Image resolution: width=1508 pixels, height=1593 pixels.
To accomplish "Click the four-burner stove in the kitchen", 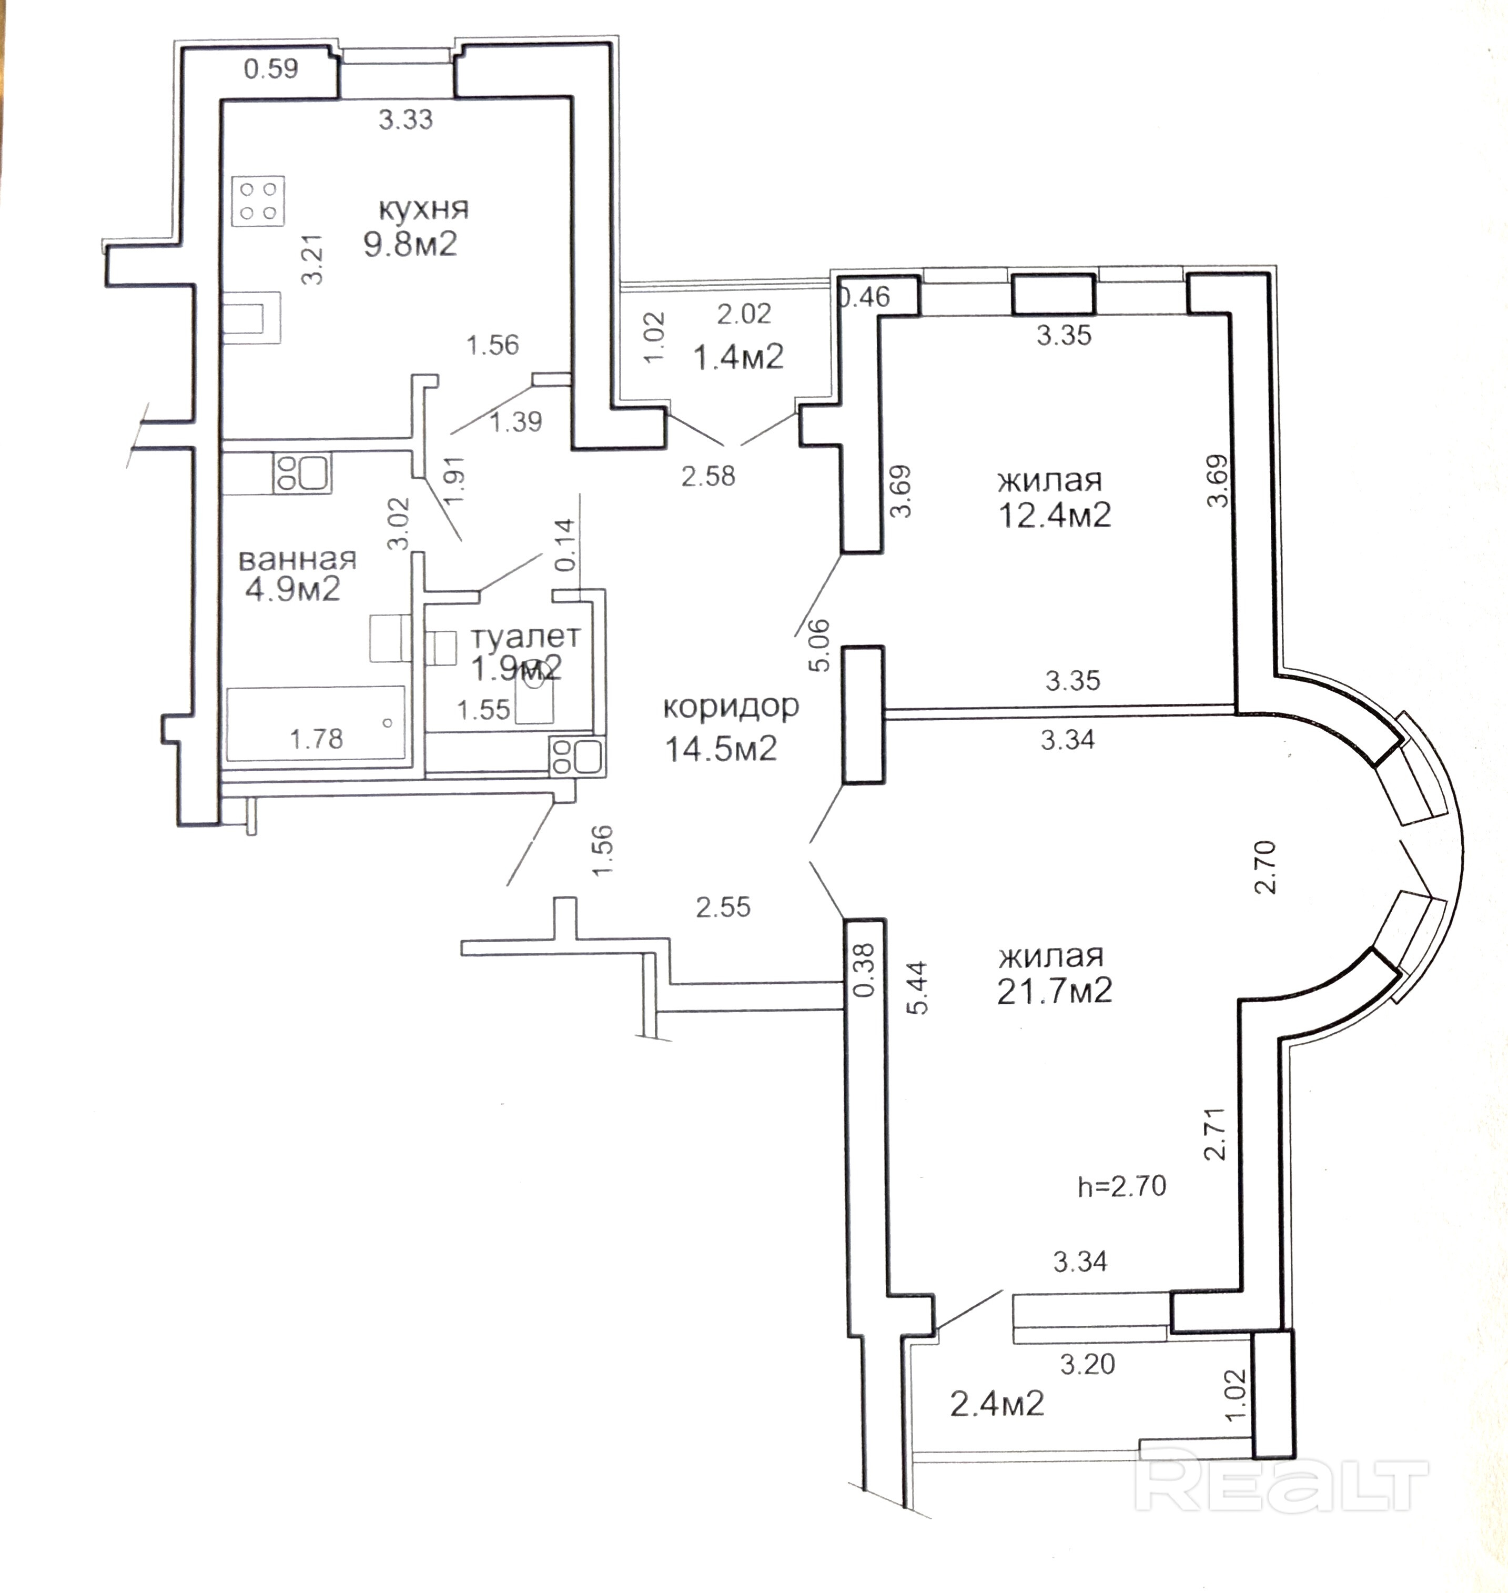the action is [259, 201].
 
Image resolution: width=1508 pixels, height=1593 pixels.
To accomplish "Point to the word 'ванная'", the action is [297, 559].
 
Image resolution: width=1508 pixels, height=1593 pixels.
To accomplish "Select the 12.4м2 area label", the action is [1054, 515].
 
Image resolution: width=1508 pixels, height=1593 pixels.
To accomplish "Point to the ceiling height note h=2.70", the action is [1121, 1186].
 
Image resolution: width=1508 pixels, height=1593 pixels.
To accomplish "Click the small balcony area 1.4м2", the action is [738, 356].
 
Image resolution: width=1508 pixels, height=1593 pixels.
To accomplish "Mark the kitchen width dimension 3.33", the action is [406, 120].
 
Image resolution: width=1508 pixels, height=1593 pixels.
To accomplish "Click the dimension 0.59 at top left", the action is [271, 69].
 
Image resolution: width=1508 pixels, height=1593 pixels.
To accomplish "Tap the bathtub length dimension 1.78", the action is [316, 738].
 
